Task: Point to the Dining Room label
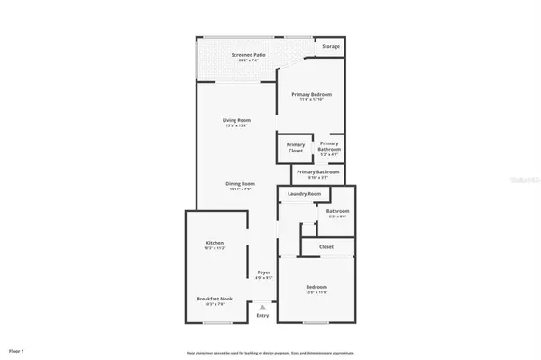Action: [241, 183]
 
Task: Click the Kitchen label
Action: [215, 244]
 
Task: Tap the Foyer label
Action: [263, 272]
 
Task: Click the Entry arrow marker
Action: [263, 307]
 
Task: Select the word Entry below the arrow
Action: [263, 315]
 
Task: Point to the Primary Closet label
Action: [296, 147]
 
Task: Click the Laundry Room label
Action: [305, 194]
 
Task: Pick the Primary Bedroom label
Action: [310, 94]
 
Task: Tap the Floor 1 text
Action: [16, 349]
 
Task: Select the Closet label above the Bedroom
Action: [326, 246]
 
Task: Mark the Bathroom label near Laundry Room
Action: [337, 211]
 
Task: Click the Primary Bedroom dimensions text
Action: [310, 99]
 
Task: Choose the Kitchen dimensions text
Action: [215, 249]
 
